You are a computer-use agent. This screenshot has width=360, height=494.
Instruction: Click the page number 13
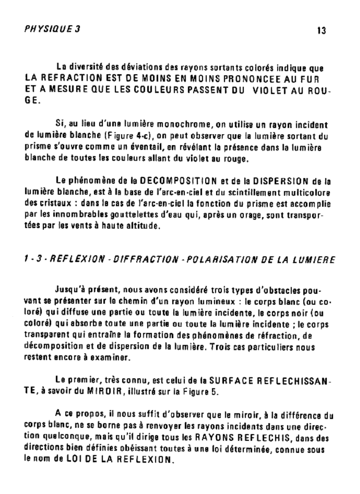tap(321, 31)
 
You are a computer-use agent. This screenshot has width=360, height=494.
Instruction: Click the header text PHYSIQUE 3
tap(52, 29)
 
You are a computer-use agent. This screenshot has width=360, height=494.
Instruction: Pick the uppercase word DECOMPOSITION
tap(178, 182)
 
